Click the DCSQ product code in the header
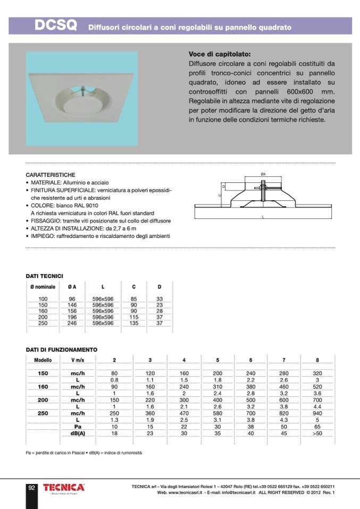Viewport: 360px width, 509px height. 55,26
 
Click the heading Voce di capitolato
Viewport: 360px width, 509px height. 219,54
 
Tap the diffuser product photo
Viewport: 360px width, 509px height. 81,98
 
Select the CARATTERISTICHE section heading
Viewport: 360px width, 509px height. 51,175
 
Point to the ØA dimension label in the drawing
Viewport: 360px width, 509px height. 263,174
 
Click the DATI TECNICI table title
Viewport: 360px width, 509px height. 45,276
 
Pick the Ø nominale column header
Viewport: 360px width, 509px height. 43,287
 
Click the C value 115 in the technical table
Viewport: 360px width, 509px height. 134,317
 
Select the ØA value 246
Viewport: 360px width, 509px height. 72,323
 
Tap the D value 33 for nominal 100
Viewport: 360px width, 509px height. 160,299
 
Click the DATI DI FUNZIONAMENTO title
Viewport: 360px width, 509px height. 62,350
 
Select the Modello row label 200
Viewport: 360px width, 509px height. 43,400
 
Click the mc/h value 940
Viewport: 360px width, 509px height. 317,413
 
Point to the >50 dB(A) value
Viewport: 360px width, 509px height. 317,434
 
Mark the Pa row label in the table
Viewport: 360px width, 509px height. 78,427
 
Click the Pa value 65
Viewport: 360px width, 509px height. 317,427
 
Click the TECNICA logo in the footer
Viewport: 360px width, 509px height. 63,487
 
